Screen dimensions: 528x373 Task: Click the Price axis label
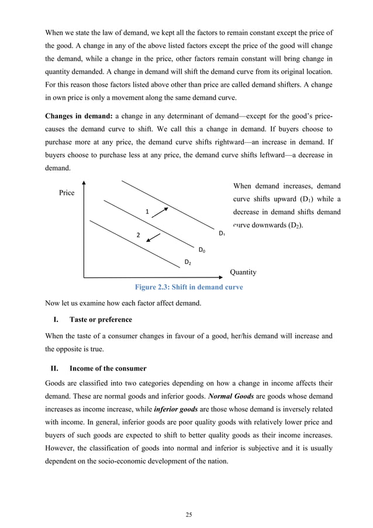[67, 193]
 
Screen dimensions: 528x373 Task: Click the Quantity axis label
[243, 272]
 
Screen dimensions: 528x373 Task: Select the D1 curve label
[222, 234]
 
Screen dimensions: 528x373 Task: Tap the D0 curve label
[202, 250]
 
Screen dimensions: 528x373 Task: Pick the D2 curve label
[188, 262]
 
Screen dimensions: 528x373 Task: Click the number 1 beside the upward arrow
[147, 211]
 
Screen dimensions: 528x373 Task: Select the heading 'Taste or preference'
[101, 320]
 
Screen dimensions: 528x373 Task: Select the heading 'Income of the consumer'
[108, 369]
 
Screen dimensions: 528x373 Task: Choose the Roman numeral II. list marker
[54, 369]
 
